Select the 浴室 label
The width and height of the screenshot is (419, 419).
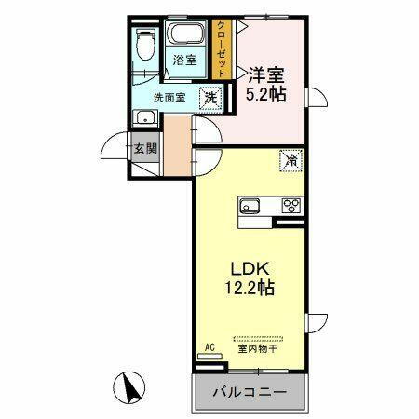click(x=185, y=61)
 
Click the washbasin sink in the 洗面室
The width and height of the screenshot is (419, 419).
click(x=143, y=117)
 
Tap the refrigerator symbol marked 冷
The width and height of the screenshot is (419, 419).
click(x=291, y=161)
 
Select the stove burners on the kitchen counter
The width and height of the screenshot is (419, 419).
click(x=291, y=206)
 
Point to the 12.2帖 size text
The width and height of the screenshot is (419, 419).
click(x=250, y=289)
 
